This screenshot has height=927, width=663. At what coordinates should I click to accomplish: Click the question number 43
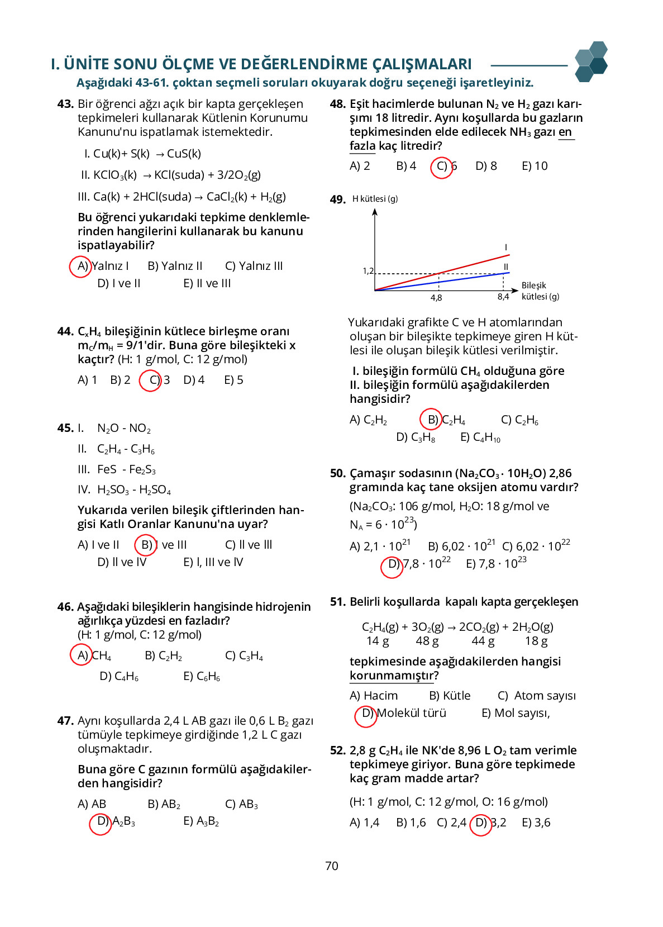tap(65, 104)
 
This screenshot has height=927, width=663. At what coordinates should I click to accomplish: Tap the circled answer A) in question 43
tap(80, 266)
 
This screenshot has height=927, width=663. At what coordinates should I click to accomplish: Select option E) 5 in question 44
tap(233, 380)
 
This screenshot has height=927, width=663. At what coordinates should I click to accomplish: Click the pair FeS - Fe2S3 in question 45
tap(126, 470)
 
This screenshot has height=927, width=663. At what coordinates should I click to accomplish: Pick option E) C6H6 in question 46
tap(202, 677)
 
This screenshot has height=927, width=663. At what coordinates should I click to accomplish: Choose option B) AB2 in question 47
tap(164, 804)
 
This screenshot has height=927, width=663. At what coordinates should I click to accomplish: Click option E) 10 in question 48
tap(535, 166)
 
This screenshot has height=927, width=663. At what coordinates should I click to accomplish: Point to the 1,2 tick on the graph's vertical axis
tap(368, 271)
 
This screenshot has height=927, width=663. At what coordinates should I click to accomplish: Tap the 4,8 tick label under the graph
tap(436, 298)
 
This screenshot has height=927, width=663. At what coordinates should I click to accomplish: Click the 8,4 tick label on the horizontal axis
tap(503, 297)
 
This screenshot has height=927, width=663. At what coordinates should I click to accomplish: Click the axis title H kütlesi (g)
tap(375, 199)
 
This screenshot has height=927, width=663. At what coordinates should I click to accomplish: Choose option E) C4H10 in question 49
tap(480, 438)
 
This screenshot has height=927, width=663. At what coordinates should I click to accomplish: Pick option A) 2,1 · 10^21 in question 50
tap(380, 546)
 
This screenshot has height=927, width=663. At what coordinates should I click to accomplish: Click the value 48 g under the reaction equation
tap(427, 641)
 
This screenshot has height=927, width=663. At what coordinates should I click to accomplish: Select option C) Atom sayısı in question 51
tap(536, 696)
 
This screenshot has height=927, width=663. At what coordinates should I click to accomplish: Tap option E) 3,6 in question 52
tap(536, 823)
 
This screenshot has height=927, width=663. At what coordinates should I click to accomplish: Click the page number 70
tap(332, 866)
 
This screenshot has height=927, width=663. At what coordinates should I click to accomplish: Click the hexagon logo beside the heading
tap(591, 61)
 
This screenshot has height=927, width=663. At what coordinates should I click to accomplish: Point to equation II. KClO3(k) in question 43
tap(109, 175)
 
